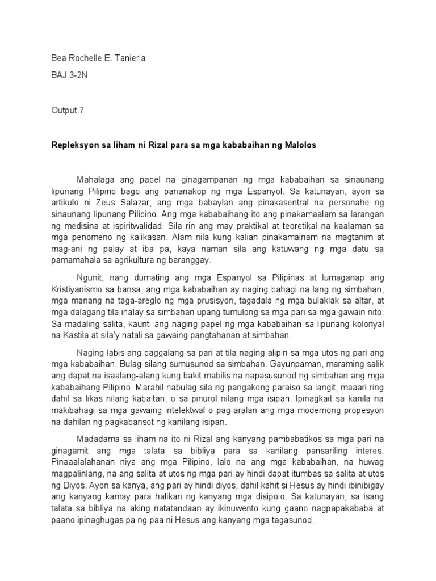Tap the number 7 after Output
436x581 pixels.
[81, 111]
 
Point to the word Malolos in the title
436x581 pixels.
[299, 145]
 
